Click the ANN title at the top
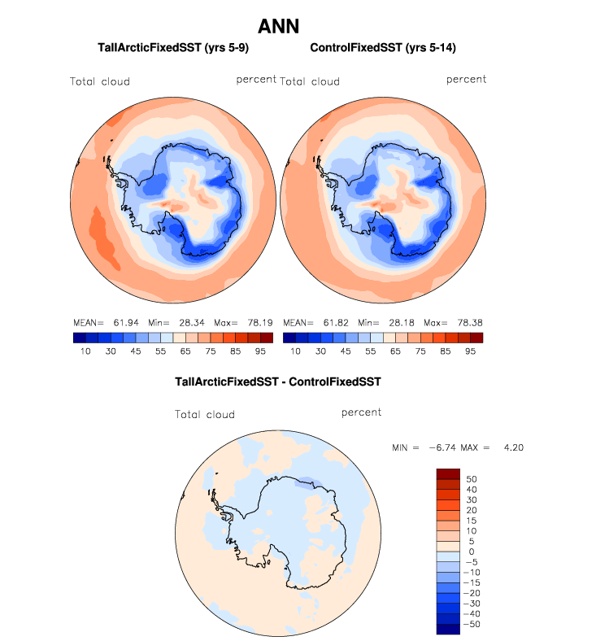279,26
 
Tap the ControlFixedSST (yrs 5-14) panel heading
382,48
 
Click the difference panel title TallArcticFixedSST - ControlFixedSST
278,381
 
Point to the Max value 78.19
244,323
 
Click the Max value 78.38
454,323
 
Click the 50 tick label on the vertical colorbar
471,478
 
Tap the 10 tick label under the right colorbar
295,351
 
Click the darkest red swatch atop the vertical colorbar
449,473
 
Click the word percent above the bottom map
361,412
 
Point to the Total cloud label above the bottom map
205,415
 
